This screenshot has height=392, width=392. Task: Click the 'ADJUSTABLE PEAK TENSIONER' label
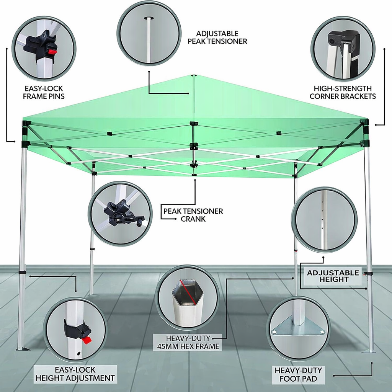point(217,38)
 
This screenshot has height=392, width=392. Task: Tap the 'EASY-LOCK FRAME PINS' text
point(44,92)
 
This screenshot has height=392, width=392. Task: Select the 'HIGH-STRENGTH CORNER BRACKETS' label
point(343,92)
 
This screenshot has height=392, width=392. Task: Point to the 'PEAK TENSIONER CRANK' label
point(193,215)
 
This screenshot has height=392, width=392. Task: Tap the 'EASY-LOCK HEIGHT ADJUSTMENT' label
point(75,374)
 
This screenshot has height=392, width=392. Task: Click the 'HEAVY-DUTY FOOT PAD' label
point(298,374)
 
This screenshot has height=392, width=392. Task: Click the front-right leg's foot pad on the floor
point(369,350)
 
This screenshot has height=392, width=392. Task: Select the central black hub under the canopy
point(194,146)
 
